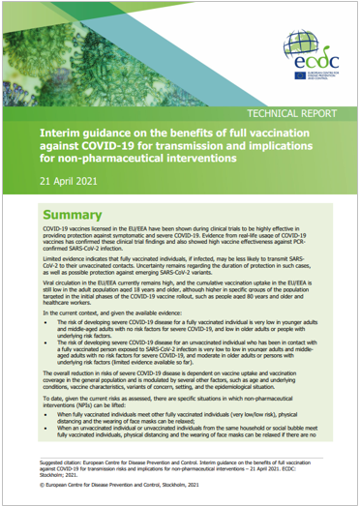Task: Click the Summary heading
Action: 76,215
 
